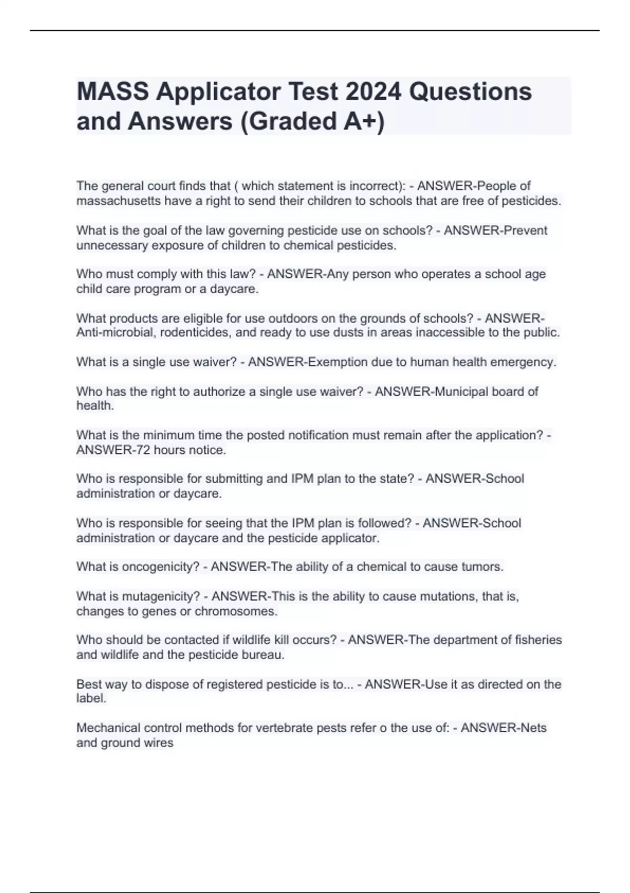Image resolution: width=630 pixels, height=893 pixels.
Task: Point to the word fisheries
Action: (535, 640)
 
